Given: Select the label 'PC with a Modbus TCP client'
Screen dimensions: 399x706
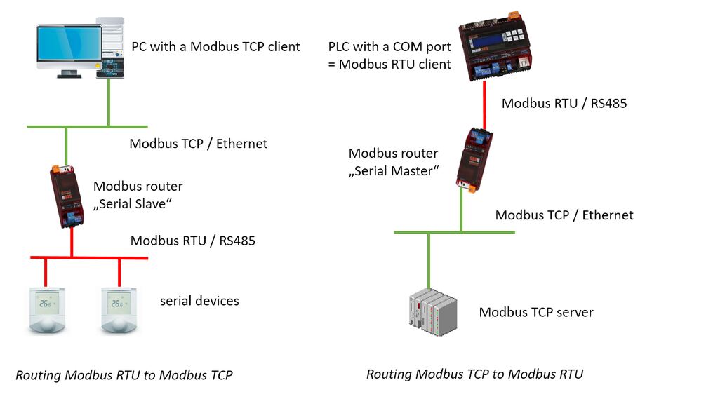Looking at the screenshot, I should coord(215,47).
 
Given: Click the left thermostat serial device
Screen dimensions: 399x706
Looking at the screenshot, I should coord(45,308).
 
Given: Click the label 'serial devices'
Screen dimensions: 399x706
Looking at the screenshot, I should coord(199,301).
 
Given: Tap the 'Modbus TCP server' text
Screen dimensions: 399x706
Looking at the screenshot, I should coord(536,312).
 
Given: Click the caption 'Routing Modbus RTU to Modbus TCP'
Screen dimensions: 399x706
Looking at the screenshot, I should coord(124,375).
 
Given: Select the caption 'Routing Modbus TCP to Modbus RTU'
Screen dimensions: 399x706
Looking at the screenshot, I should coord(474,374).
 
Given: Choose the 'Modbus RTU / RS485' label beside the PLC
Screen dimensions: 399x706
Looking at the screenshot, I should coord(564,103).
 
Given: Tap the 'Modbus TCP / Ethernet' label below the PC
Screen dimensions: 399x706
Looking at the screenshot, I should coord(199,144).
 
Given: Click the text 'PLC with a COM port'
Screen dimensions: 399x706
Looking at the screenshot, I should coord(389,47).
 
